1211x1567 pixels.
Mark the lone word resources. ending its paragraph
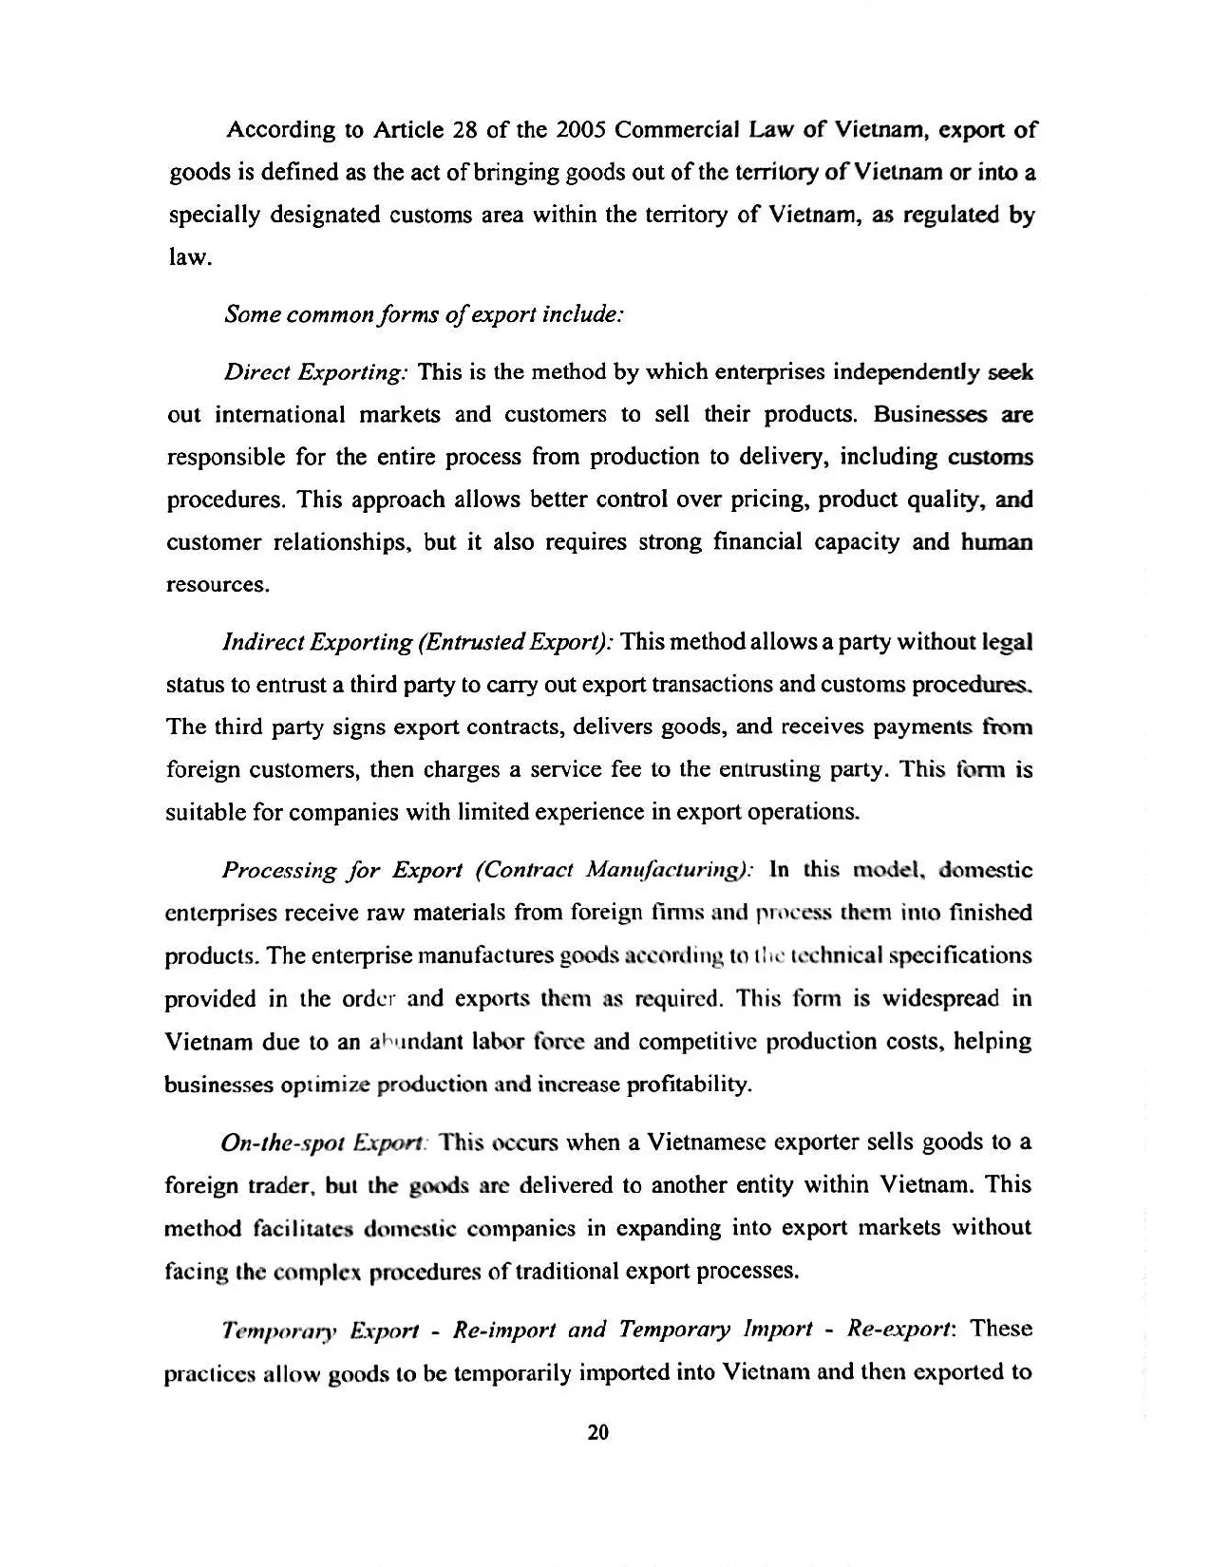(x=218, y=585)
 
